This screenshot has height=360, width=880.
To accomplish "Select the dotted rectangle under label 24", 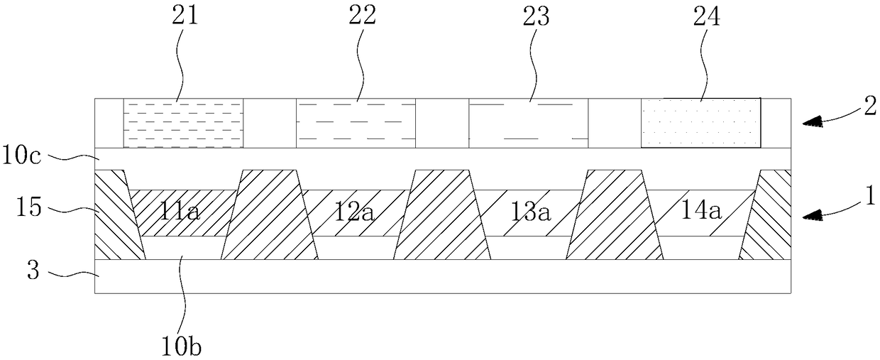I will (x=701, y=123).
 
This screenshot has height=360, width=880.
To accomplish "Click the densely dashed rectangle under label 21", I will (x=183, y=123).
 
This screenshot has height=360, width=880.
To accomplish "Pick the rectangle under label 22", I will (x=356, y=123).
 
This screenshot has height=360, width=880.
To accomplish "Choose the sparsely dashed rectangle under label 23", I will (x=529, y=123).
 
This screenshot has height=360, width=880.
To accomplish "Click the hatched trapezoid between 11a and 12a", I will (x=270, y=215).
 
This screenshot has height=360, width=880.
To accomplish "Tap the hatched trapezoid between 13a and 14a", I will (x=614, y=215).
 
